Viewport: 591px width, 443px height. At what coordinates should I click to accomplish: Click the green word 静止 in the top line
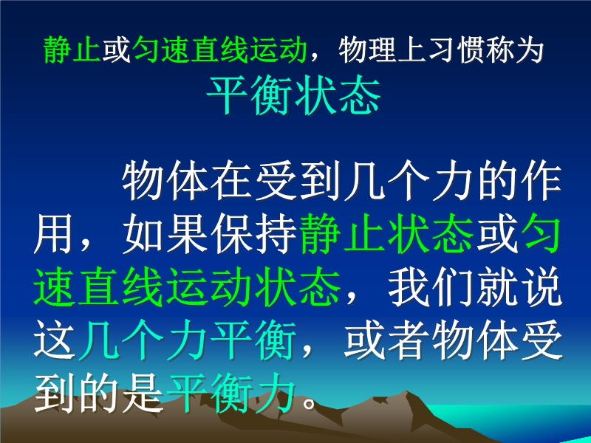(x=72, y=49)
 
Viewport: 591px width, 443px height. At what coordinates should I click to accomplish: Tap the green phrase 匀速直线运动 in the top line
(x=219, y=49)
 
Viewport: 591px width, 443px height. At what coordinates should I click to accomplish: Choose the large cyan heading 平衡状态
(x=293, y=95)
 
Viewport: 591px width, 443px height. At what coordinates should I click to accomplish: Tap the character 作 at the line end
(x=540, y=181)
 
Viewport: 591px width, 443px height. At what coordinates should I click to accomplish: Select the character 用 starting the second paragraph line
(x=54, y=234)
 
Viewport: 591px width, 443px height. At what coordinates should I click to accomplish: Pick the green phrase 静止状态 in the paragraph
(x=386, y=234)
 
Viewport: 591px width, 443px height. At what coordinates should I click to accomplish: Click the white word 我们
(x=429, y=287)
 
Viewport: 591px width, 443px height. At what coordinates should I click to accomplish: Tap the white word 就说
(x=519, y=287)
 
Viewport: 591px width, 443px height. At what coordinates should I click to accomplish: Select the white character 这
(x=54, y=340)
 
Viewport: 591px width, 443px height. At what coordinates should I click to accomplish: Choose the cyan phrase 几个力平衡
(x=187, y=340)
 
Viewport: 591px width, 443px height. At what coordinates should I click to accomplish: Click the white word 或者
(x=385, y=340)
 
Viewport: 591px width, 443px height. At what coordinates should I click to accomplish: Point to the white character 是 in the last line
(x=143, y=393)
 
